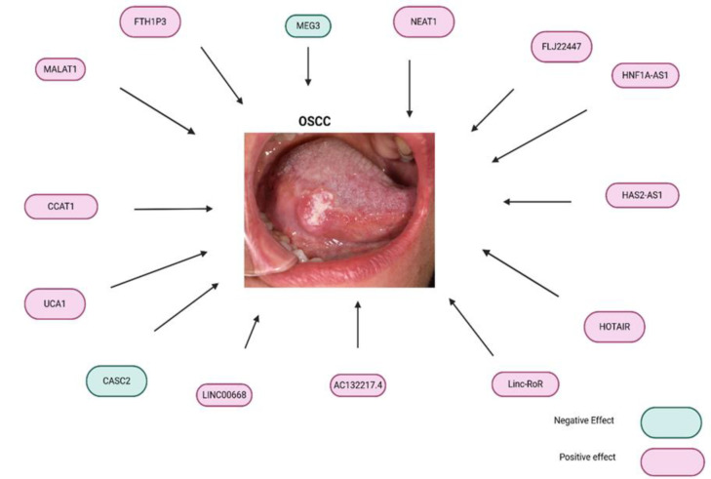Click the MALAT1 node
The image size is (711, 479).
click(59, 69)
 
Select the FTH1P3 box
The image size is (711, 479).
click(149, 21)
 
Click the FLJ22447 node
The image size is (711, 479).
click(561, 46)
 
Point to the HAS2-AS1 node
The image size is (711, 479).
click(641, 194)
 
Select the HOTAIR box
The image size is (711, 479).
click(613, 327)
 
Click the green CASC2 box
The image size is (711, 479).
click(116, 379)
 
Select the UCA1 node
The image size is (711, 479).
click(56, 303)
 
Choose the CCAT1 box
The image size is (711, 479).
click(61, 207)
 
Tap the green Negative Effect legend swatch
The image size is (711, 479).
click(671, 421)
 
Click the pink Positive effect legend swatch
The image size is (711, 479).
click(671, 461)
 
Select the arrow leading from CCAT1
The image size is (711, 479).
click(173, 208)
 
